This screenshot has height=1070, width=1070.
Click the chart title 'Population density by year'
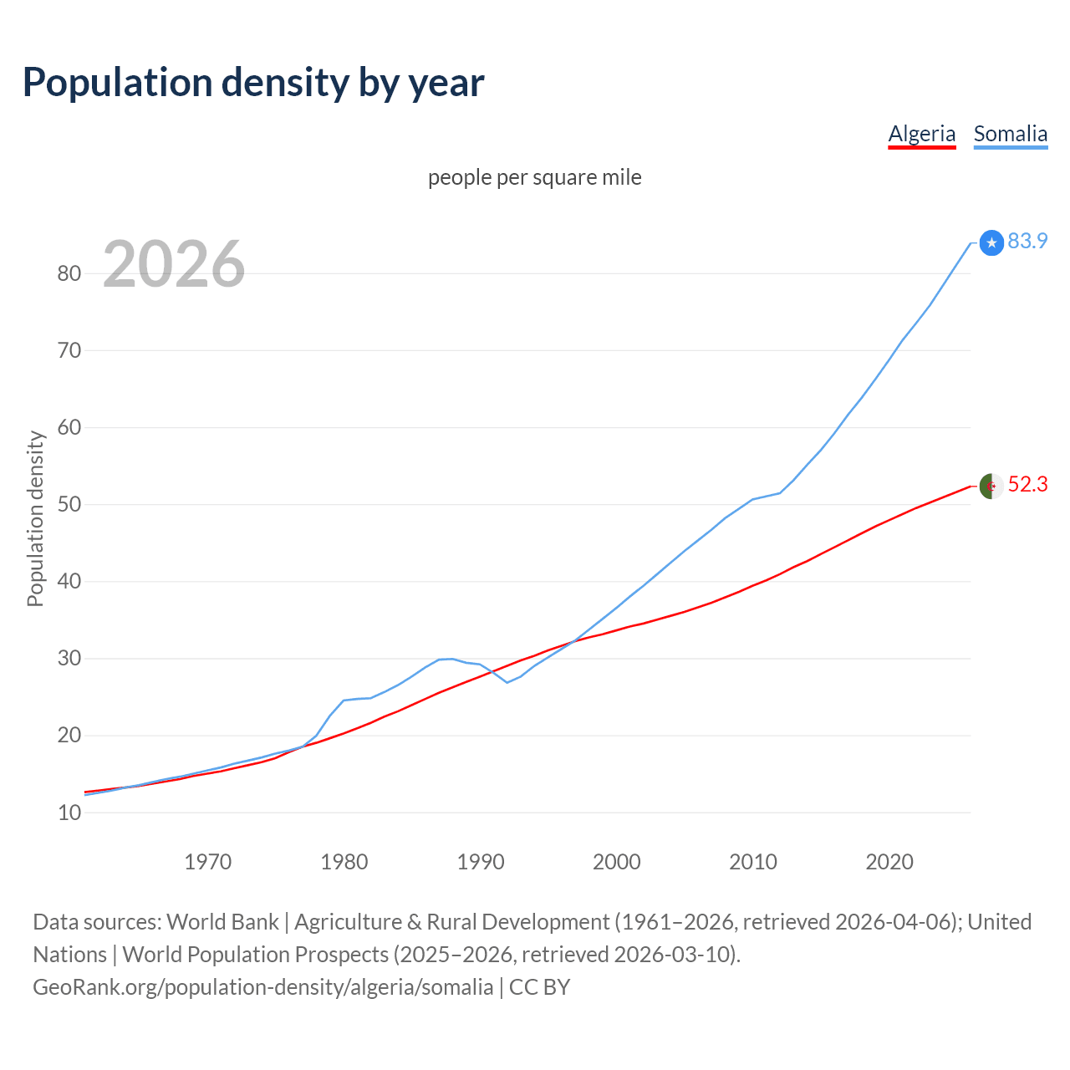(253, 83)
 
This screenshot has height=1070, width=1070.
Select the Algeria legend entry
(921, 134)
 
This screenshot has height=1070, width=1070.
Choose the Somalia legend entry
(1010, 134)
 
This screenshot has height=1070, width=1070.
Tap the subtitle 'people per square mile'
(534, 177)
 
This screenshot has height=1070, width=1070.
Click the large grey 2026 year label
(174, 264)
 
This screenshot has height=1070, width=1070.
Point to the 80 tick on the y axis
(69, 273)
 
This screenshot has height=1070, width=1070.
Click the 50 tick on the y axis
(69, 504)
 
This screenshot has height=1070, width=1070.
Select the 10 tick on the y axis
(69, 813)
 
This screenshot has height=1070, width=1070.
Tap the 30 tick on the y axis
(69, 659)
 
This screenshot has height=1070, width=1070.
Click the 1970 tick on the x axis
(207, 862)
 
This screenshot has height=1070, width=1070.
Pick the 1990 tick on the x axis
(481, 862)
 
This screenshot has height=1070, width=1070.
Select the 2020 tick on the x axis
(889, 862)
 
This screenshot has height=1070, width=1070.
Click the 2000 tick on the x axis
(617, 862)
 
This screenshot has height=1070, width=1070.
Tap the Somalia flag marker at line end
(991, 242)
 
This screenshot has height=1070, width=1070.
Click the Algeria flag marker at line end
(991, 486)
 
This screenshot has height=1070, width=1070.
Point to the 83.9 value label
(1027, 241)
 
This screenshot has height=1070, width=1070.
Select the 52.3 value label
(1027, 485)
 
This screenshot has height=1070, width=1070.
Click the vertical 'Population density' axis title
(35, 518)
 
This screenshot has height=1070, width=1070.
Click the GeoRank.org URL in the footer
(262, 987)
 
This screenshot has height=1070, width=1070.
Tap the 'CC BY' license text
(539, 987)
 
